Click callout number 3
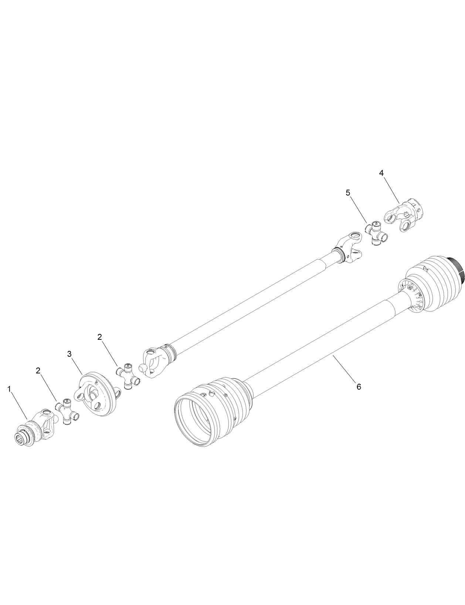pyautogui.click(x=69, y=353)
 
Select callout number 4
pyautogui.click(x=381, y=173)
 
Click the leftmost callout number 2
pyautogui.click(x=38, y=371)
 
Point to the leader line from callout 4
pyautogui.click(x=391, y=190)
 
